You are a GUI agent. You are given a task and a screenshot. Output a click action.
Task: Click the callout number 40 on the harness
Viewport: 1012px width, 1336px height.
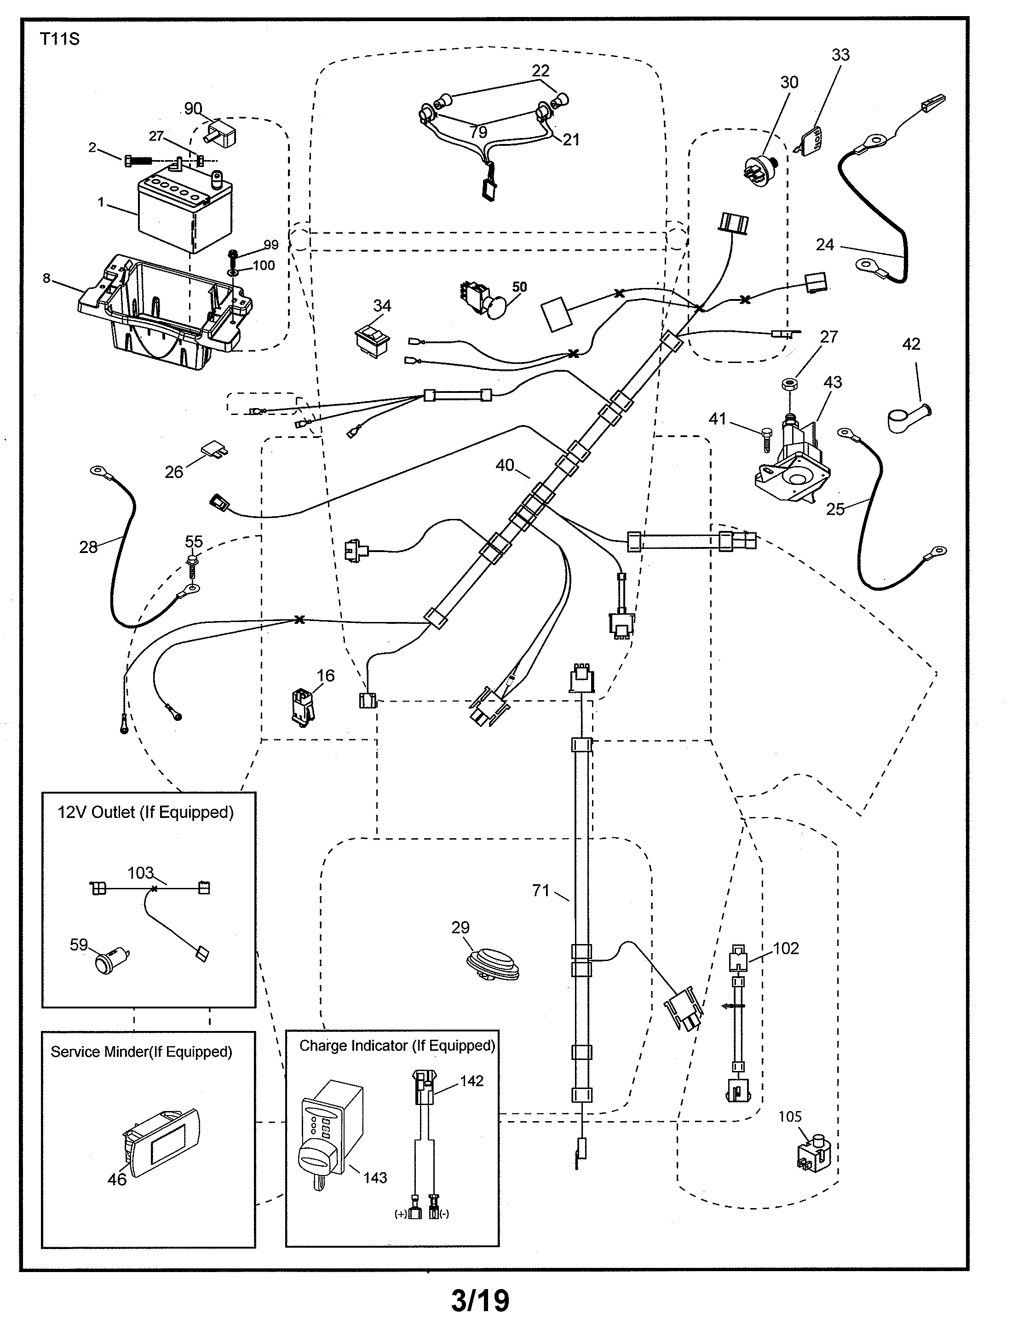pyautogui.click(x=505, y=465)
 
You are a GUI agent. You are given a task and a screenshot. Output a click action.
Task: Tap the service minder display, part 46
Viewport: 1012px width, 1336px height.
pyautogui.click(x=161, y=1143)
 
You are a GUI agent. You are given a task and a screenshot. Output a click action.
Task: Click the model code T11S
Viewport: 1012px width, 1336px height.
pyautogui.click(x=59, y=39)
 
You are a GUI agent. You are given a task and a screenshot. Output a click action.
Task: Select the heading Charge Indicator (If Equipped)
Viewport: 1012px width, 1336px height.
pyautogui.click(x=397, y=1046)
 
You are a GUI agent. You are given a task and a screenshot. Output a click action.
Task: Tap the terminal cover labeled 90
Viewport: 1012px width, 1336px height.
pyautogui.click(x=220, y=133)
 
